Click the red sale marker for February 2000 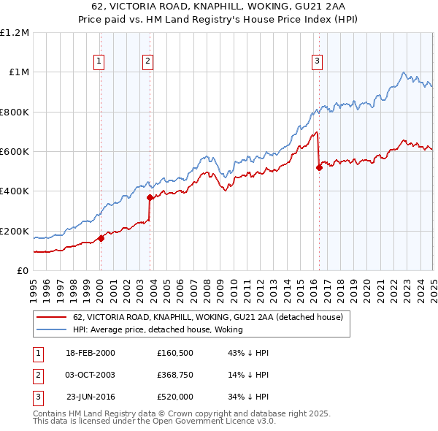tap(101, 237)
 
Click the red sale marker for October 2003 tap(150, 197)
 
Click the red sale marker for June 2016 tap(319, 167)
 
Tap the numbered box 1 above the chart tap(99, 61)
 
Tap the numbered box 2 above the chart tap(147, 61)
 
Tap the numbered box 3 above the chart tap(318, 61)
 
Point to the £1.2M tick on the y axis tap(15, 33)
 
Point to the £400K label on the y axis tap(15, 191)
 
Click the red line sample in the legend tap(50, 317)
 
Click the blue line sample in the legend tap(50, 329)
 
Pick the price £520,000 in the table tap(175, 397)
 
